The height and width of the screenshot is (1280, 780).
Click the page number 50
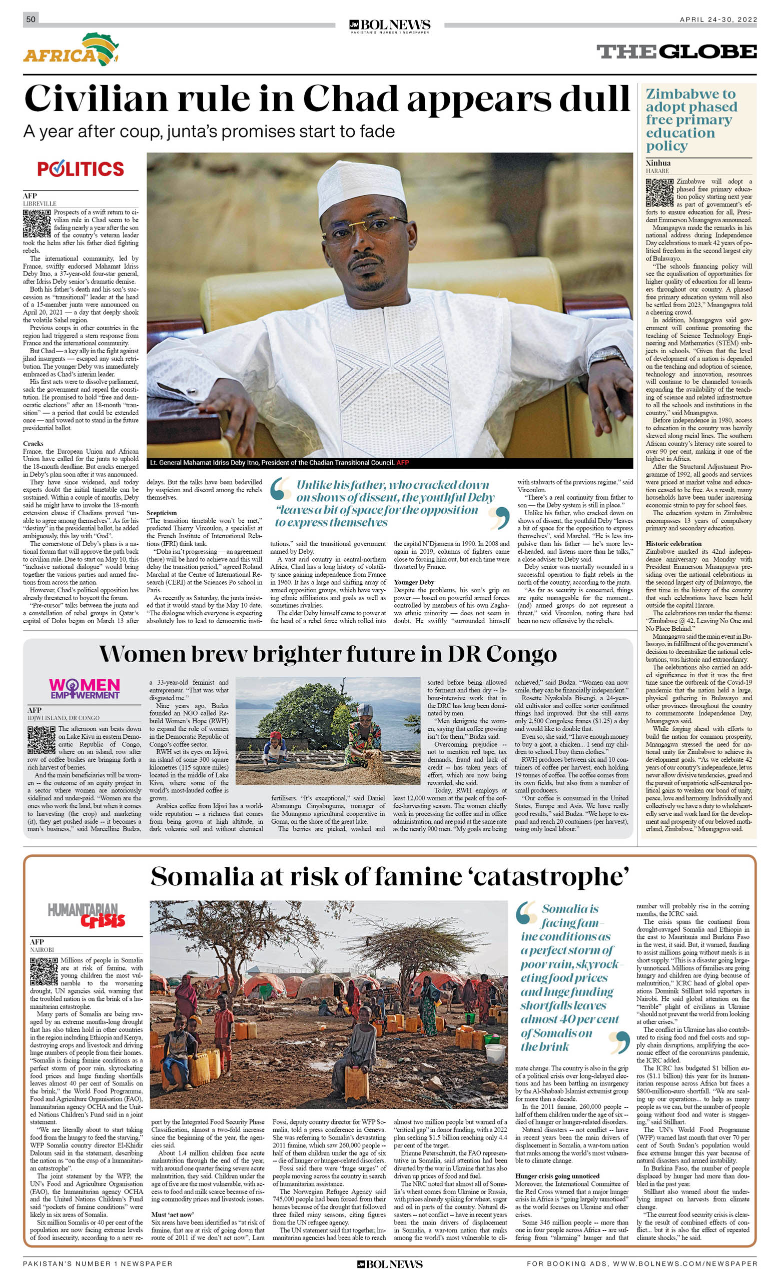click(31, 19)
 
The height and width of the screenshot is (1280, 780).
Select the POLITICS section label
click(81, 169)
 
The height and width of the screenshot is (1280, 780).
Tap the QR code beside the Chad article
click(37, 224)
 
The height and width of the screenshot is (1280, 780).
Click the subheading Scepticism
click(162, 513)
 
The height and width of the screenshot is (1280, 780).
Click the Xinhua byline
click(658, 163)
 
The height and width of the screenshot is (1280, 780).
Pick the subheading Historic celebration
click(673, 543)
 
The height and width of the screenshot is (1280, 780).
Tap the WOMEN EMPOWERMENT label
click(84, 688)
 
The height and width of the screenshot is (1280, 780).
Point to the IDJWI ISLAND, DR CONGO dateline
click(64, 717)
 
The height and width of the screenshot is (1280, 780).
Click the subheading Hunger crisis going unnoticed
click(557, 1176)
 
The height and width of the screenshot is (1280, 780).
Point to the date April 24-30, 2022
click(718, 20)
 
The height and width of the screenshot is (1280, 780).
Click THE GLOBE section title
click(676, 52)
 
